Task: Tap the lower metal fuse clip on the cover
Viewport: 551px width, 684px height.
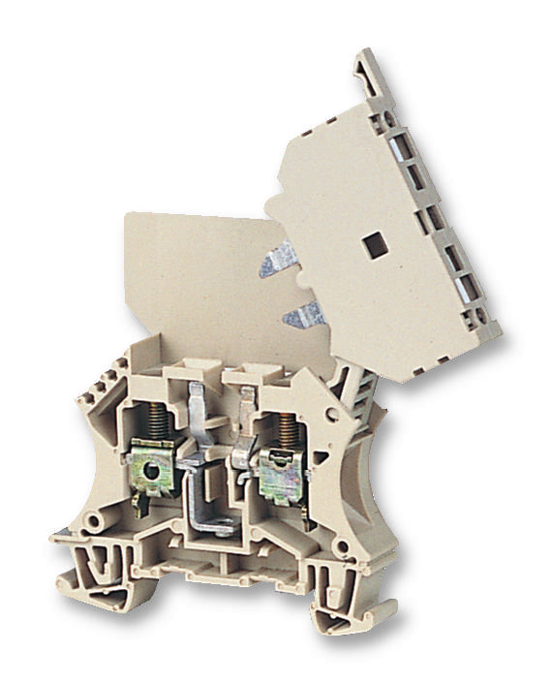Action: click(x=301, y=312)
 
